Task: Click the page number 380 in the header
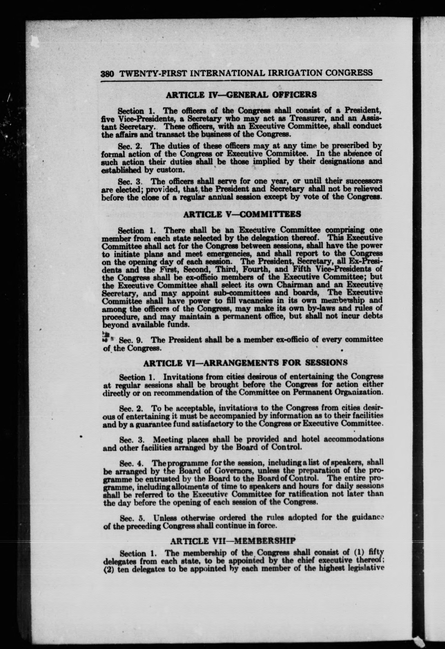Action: pos(107,74)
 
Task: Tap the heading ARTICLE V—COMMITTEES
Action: pos(242,214)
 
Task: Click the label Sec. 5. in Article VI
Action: pos(132,518)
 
